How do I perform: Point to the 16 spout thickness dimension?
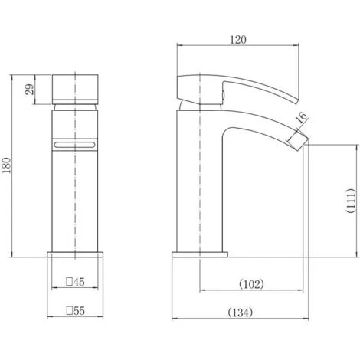pyautogui.click(x=301, y=116)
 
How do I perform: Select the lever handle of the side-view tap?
pyautogui.click(x=230, y=86)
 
